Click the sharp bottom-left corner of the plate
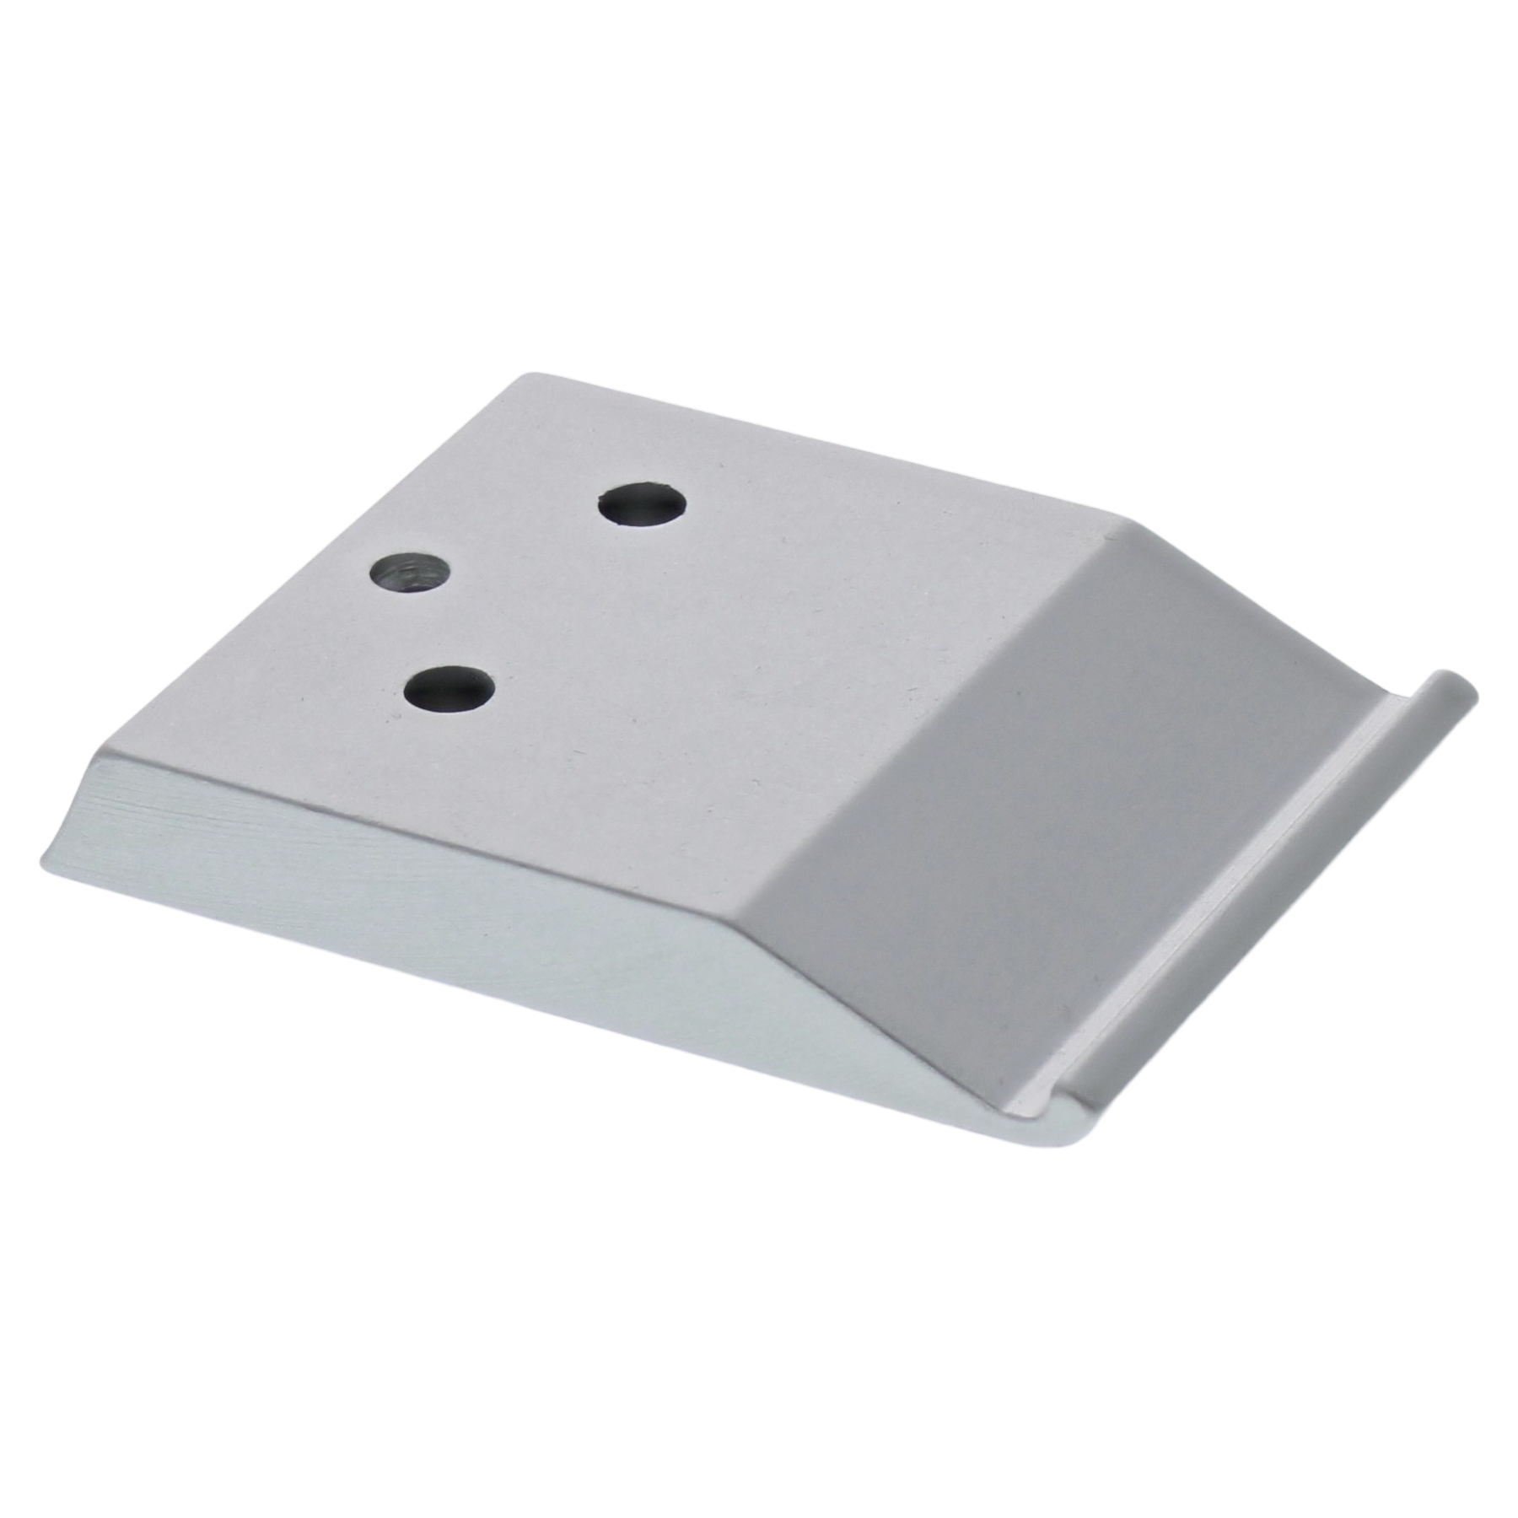pyautogui.click(x=42, y=843)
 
